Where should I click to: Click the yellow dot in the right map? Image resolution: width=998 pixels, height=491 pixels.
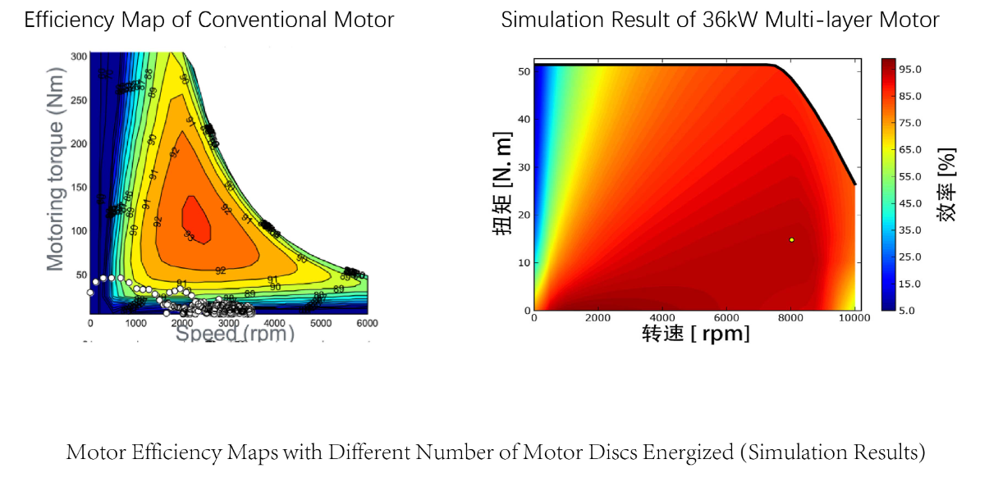click(791, 240)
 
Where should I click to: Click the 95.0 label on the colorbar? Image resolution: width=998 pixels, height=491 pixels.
click(911, 69)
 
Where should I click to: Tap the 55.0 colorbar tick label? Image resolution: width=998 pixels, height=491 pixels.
click(911, 176)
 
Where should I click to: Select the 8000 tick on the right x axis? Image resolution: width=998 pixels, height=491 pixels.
click(790, 318)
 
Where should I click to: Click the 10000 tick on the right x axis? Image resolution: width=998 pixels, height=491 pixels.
click(854, 318)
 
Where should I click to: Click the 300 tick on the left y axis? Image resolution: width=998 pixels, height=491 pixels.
click(79, 57)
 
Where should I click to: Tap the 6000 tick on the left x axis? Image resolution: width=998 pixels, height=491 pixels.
click(367, 323)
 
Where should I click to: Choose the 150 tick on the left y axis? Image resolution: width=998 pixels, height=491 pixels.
click(79, 187)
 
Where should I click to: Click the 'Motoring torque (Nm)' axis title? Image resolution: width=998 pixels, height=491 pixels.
click(55, 196)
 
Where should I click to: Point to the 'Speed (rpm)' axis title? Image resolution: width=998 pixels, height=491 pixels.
click(236, 334)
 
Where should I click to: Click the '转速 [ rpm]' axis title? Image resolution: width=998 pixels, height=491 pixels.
click(695, 334)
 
